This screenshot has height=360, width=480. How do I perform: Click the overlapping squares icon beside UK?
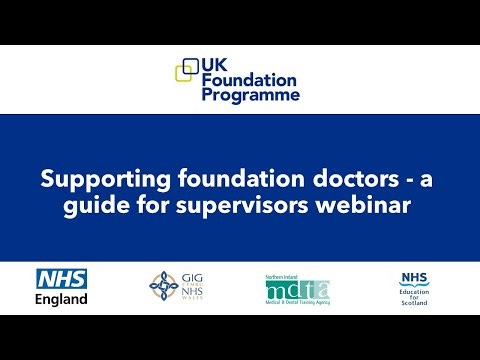187,70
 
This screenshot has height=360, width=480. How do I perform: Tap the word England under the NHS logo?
61,298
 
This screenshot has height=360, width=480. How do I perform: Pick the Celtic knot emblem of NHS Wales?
164,286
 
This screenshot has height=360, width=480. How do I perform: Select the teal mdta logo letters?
297,290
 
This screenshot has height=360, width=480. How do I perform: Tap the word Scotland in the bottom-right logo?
413,303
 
